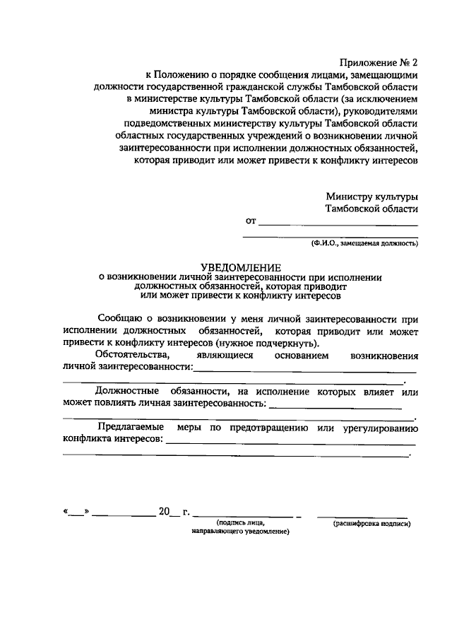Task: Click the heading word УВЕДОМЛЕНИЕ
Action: (241, 266)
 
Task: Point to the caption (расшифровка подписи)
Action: (371, 524)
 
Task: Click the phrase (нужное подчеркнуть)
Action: (262, 341)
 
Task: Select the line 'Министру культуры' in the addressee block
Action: (371, 196)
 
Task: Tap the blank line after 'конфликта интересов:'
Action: (290, 442)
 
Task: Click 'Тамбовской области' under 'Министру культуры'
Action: (371, 209)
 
